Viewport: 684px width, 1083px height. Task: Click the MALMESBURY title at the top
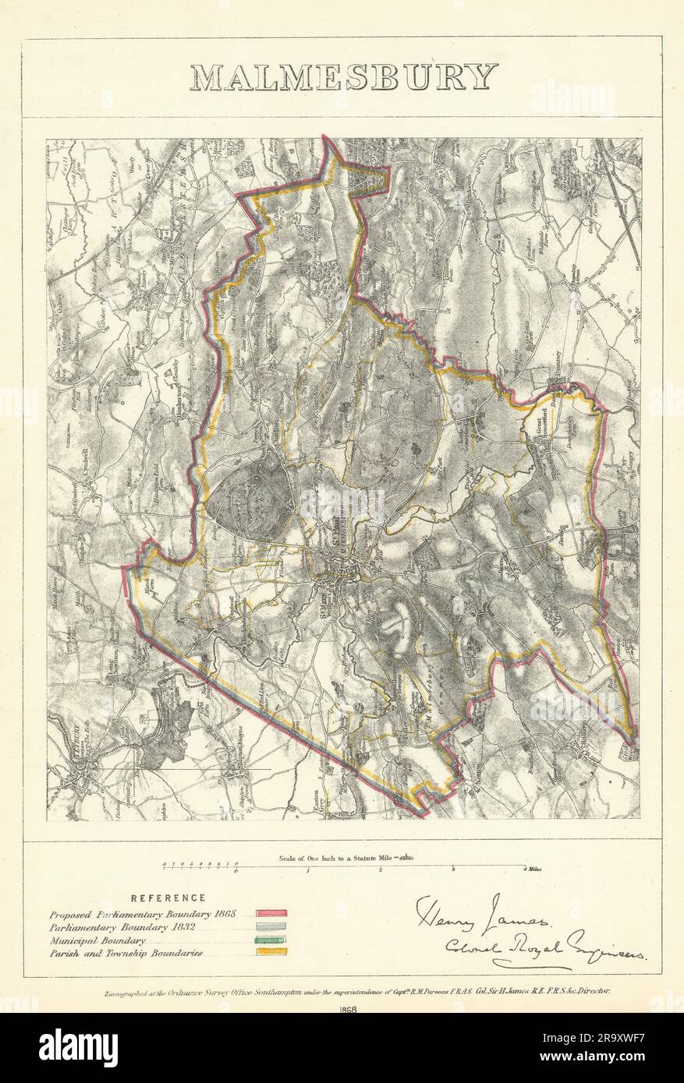343,76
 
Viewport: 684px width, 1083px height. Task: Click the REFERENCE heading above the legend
168,898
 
